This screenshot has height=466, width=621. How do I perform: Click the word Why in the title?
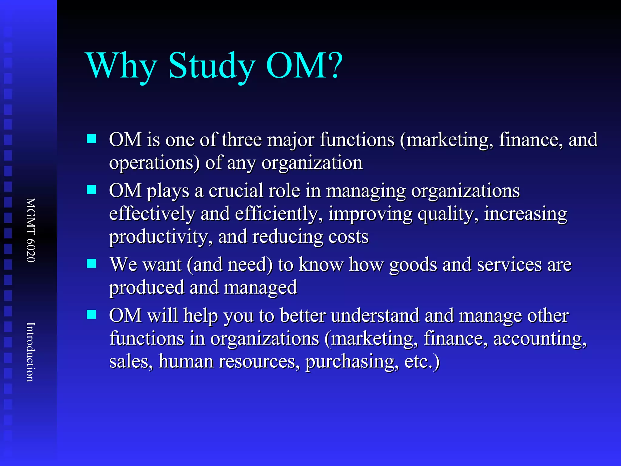click(x=121, y=66)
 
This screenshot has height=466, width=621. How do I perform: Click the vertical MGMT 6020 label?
click(x=31, y=230)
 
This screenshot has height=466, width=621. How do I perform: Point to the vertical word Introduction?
click(x=31, y=352)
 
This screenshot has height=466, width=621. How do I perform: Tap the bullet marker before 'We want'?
click(x=91, y=263)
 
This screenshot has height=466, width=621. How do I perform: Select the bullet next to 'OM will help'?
click(x=91, y=314)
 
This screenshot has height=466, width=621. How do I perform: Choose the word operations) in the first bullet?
click(x=154, y=163)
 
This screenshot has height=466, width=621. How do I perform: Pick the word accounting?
click(x=540, y=339)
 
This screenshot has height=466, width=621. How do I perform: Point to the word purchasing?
click(x=352, y=362)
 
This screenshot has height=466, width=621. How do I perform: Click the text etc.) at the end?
click(x=422, y=362)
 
